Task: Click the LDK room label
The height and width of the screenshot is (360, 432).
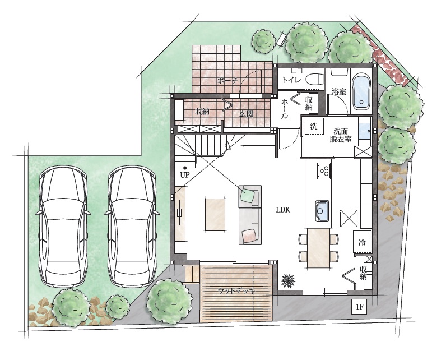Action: [x=283, y=210]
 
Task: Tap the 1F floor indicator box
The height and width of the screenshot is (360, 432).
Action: [x=360, y=307]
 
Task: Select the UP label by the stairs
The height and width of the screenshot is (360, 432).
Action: [x=184, y=175]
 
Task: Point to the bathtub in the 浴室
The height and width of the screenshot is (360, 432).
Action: [x=361, y=91]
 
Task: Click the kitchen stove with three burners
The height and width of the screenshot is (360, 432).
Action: [x=324, y=170]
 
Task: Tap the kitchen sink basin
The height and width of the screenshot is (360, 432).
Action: [x=322, y=210]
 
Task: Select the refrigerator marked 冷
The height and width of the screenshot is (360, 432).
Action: [x=363, y=242]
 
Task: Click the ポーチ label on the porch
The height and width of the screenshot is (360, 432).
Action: [x=227, y=81]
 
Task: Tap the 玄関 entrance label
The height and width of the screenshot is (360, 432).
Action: [x=246, y=114]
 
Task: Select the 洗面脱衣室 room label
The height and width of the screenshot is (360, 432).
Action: [x=341, y=135]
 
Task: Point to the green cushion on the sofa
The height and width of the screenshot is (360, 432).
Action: [x=247, y=195]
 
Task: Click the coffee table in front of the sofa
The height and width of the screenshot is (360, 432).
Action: [x=215, y=215]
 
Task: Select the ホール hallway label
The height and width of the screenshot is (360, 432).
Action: [x=285, y=109]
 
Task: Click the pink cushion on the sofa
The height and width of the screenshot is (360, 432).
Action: [x=249, y=236]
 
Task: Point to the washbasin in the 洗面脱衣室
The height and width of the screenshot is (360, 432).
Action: [x=364, y=131]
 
